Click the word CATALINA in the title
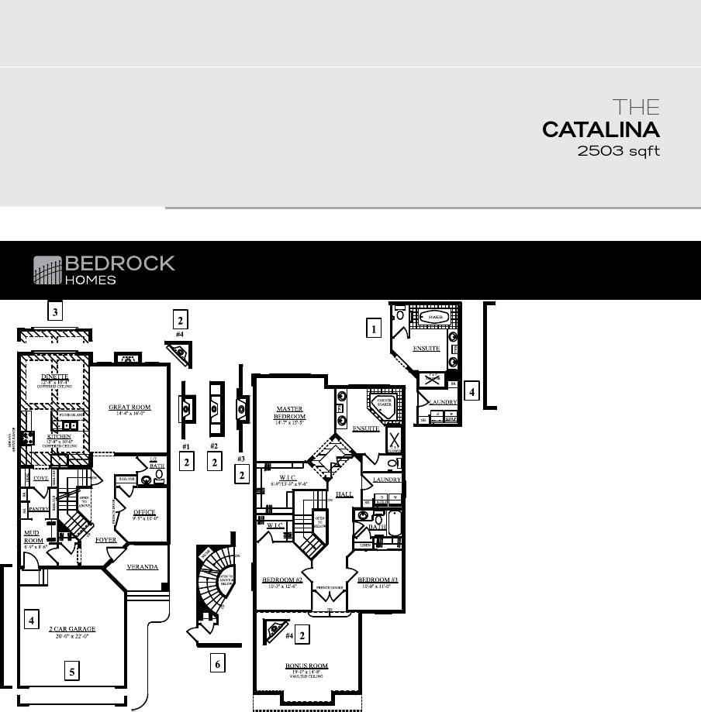coord(600,129)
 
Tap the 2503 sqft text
coord(618,151)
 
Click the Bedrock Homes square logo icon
coord(47,270)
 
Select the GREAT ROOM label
coord(129,408)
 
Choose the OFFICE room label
coord(144,512)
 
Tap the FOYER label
coord(105,539)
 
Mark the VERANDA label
coord(142,567)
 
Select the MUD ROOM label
coord(33,538)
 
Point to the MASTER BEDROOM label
coord(290,413)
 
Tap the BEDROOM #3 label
coord(378,580)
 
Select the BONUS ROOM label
coord(307,666)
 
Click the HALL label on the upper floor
coord(344,494)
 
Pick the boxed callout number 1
coord(374,328)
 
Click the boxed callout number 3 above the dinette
coord(54,312)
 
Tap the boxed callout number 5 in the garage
coord(72,672)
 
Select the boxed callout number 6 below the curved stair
coord(218,663)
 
